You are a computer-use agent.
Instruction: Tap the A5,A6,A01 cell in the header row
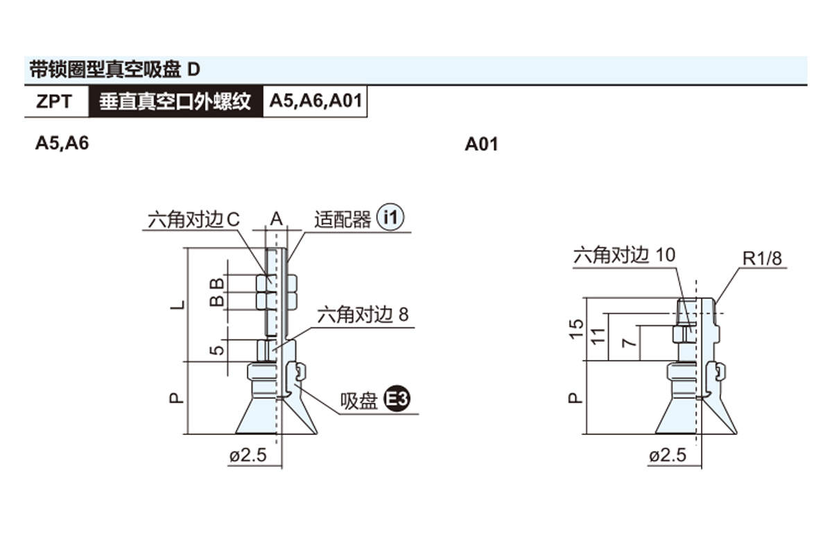[x=315, y=101]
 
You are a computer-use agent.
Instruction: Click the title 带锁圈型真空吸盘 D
[x=114, y=70]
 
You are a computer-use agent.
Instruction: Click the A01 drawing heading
[x=481, y=144]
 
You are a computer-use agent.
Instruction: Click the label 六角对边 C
[x=193, y=220]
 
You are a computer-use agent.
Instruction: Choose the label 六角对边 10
[x=623, y=255]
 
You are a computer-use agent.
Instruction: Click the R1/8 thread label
[x=762, y=259]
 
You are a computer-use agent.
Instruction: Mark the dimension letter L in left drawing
[x=178, y=305]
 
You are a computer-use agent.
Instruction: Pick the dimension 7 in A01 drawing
[x=628, y=343]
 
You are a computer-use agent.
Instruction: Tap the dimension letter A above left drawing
[x=276, y=220]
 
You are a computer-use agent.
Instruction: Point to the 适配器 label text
[x=343, y=220]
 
